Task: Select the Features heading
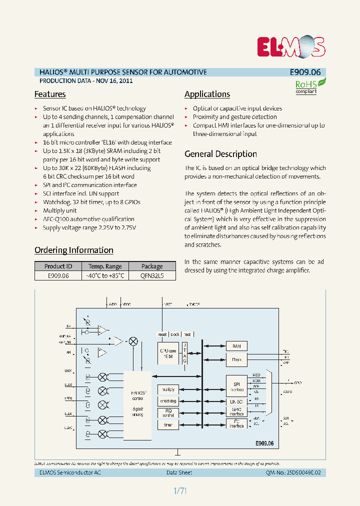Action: click(x=50, y=94)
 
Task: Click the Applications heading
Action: click(x=207, y=94)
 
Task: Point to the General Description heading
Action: click(x=220, y=154)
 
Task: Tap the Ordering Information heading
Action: click(x=73, y=250)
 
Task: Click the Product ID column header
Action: click(x=58, y=266)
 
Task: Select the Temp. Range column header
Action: click(x=105, y=266)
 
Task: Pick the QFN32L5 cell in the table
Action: click(x=152, y=275)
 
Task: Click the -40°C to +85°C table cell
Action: click(x=105, y=275)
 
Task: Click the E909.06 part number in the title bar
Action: click(x=304, y=72)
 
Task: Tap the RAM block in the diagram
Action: click(x=236, y=346)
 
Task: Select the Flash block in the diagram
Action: click(x=236, y=359)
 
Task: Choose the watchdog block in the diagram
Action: click(x=167, y=401)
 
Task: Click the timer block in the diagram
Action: click(x=167, y=424)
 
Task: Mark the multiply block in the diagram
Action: click(x=167, y=389)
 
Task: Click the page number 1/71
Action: click(x=180, y=491)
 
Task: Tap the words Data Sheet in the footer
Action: click(x=179, y=472)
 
